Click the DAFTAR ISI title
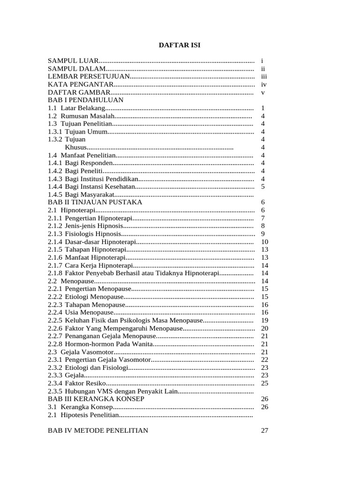click(x=180, y=45)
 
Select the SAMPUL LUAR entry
click(x=73, y=61)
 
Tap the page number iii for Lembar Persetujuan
click(x=264, y=76)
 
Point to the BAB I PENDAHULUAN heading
click(x=86, y=100)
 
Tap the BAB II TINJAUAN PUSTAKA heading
click(x=95, y=202)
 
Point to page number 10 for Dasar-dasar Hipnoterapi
click(x=264, y=242)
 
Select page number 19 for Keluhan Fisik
click(x=264, y=321)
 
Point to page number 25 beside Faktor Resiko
click(x=264, y=383)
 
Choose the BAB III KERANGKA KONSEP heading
click(x=96, y=399)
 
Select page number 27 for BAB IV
click(x=264, y=431)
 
